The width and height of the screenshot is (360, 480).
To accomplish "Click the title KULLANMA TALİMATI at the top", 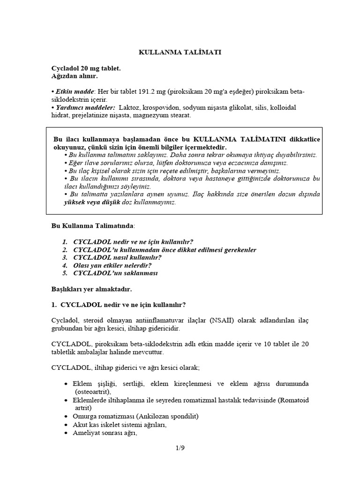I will pos(180,52).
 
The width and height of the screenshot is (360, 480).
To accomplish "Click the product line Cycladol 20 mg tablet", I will pos(86,68).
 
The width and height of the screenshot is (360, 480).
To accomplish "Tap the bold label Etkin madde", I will pos(71,91).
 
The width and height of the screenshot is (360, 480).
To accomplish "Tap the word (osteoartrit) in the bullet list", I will pos(92,391).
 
